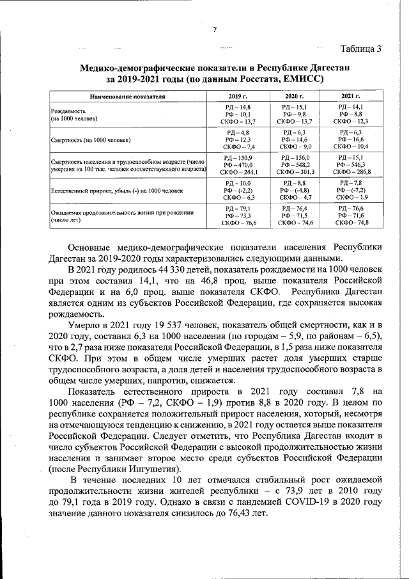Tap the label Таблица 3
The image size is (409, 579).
(x=361, y=49)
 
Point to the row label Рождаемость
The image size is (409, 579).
(x=68, y=111)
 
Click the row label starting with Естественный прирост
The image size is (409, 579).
(x=115, y=191)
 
